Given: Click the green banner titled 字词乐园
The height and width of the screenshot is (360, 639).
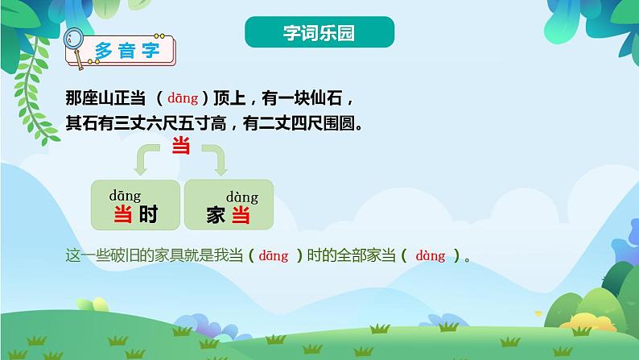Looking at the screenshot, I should pos(319,33).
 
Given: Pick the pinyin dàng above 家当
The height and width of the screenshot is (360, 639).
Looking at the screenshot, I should pos(241,197).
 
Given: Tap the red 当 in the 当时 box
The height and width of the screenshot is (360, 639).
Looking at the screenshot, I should pos(123,215).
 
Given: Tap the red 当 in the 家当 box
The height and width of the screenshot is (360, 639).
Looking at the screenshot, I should pos(241,215).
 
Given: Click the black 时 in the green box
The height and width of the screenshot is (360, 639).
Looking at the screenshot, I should pos(148,215).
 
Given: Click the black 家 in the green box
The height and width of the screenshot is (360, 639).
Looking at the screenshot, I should pos(216,215).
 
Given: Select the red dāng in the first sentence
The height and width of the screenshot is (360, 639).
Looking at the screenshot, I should pos(183,99).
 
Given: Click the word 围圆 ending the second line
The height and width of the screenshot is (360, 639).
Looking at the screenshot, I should pos(338,124).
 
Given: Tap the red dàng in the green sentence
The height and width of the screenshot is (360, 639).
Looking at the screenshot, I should pos(431,256).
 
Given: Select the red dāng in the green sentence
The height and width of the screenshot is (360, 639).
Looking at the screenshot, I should pos(274,256).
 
